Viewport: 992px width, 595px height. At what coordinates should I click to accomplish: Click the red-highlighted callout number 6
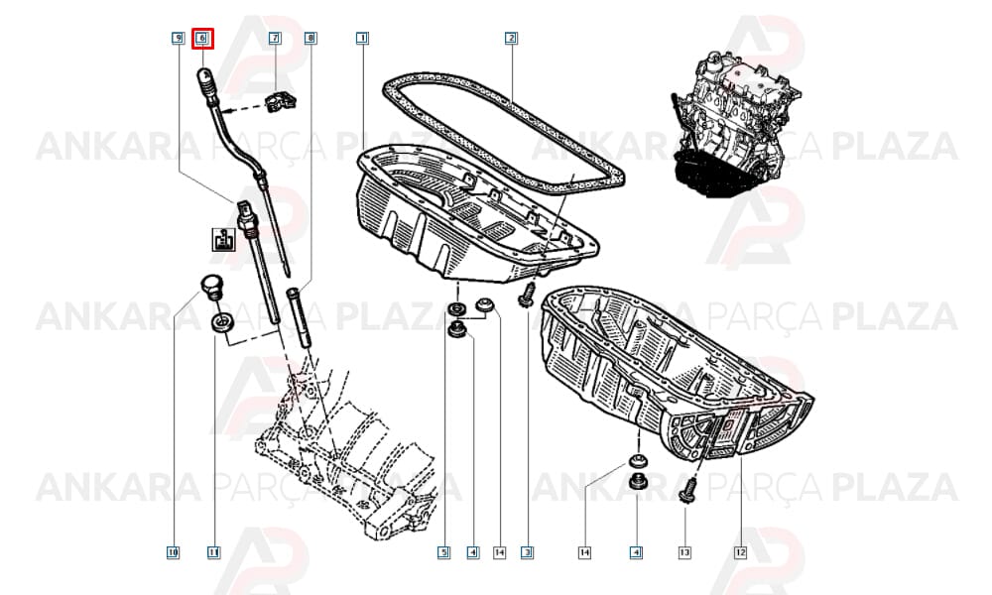(x=203, y=39)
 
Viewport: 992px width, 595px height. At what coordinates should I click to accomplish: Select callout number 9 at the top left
(x=179, y=39)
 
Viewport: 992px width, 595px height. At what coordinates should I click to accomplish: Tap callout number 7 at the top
(x=275, y=39)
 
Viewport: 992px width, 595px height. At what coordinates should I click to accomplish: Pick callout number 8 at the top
(x=310, y=39)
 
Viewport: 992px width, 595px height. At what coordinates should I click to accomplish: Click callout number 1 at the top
(x=362, y=39)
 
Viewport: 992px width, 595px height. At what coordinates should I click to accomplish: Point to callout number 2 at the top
(x=511, y=39)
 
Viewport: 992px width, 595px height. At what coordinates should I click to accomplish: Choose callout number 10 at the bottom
(x=173, y=552)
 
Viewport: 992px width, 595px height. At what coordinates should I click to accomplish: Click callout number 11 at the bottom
(x=214, y=552)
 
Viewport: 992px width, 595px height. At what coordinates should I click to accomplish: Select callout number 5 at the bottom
(x=444, y=552)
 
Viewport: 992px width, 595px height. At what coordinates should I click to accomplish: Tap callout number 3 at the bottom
(x=528, y=552)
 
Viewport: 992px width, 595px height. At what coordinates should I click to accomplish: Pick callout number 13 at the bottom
(x=684, y=552)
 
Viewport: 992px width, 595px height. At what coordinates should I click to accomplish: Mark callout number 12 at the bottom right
(x=740, y=552)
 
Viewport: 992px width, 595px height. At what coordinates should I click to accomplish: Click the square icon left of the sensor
(x=223, y=240)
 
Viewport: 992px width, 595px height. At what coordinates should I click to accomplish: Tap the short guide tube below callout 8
(x=300, y=316)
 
